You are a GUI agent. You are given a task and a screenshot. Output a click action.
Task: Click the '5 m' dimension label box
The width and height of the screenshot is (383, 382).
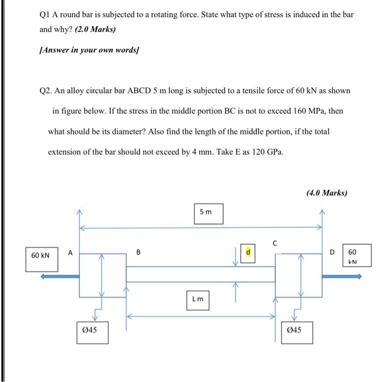[208, 213]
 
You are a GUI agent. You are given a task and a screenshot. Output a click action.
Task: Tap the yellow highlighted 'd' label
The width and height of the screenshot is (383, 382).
[248, 253]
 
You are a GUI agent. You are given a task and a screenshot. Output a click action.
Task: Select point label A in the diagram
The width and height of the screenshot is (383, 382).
[70, 253]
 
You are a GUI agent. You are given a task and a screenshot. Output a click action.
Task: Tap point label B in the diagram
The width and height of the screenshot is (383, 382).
[138, 253]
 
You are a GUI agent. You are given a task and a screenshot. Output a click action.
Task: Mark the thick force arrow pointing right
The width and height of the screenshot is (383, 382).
[342, 277]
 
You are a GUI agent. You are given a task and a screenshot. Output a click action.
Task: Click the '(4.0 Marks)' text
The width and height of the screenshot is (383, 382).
[327, 193]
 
